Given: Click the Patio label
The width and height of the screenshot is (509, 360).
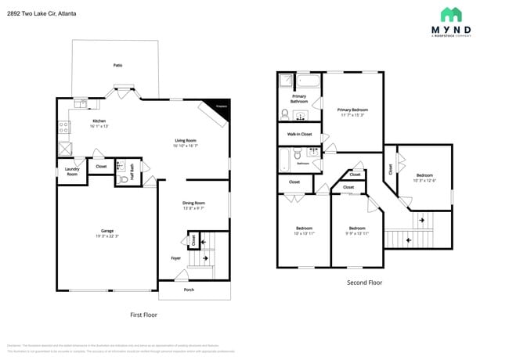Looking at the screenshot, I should click(x=117, y=65).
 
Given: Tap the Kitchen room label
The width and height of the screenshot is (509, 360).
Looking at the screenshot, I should click(x=99, y=121).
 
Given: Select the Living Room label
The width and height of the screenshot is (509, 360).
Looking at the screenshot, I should click(x=186, y=141).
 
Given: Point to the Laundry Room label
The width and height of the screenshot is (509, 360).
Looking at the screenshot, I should click(x=72, y=172).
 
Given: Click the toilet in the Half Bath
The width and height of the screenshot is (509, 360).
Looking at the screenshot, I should click(x=123, y=180).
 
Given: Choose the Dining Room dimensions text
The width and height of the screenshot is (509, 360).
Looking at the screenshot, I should click(x=193, y=208).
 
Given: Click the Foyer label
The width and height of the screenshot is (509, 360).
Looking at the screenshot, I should click(x=176, y=257).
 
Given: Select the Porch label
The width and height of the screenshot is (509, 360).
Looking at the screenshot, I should click(x=189, y=290).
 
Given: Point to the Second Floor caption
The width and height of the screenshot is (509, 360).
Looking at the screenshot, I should click(x=364, y=283).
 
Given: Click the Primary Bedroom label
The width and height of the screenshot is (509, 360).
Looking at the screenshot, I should click(x=352, y=110).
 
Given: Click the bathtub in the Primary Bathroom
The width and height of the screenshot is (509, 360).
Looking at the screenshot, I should click(x=309, y=81).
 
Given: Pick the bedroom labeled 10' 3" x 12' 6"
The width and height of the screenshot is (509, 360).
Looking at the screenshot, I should click(x=424, y=178).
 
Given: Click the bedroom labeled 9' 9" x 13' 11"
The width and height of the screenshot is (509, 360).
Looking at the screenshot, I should click(x=358, y=231).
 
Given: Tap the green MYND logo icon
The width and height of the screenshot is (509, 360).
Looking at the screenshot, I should click(x=451, y=14).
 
